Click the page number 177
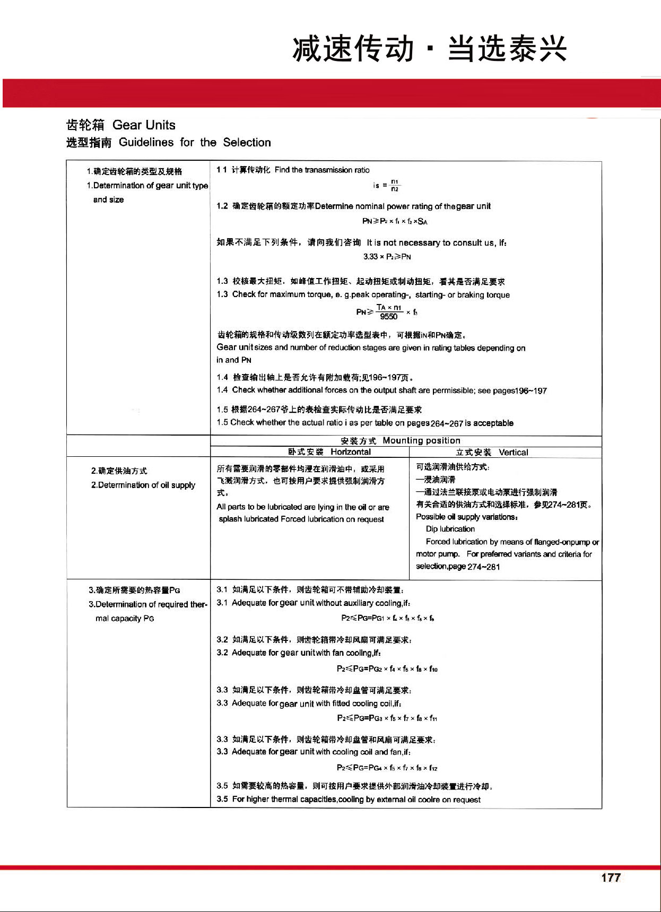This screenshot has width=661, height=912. tap(611, 878)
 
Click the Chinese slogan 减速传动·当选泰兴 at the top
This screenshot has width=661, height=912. tap(430, 49)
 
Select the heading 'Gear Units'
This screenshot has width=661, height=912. tap(144, 125)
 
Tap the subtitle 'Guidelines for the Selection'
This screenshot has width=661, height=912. tap(195, 142)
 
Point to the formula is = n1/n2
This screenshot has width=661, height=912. tap(387, 185)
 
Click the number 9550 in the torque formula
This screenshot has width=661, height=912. tap(388, 317)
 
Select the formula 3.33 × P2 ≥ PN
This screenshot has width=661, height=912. tap(387, 257)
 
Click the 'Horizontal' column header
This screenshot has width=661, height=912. tap(350, 452)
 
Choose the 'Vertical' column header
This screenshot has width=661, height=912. tap(513, 453)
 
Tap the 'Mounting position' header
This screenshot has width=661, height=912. tap(421, 440)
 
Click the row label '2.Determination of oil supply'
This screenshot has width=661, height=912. tap(143, 485)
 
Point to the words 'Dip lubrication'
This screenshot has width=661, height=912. tap(450, 529)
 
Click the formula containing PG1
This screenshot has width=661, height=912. tap(388, 618)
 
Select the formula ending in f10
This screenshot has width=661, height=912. tap(387, 668)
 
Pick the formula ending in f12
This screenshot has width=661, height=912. tap(387, 768)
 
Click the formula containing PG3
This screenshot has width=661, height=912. tap(387, 718)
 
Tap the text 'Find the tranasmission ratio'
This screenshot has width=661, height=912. tap(322, 170)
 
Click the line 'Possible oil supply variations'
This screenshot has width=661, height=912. tap(467, 517)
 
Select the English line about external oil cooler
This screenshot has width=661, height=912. tap(349, 800)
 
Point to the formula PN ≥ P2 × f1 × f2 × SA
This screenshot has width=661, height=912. tap(395, 221)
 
